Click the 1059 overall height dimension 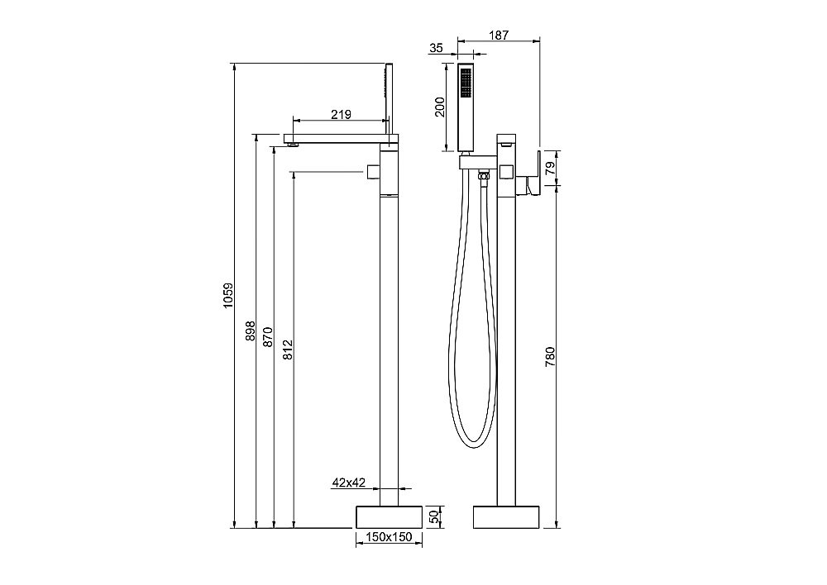(x=227, y=296)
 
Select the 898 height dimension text (x=251, y=331)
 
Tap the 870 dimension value (x=267, y=337)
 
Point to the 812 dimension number (x=288, y=350)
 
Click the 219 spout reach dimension (x=341, y=114)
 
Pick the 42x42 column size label (x=349, y=483)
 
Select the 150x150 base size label (x=390, y=537)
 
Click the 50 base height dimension (x=434, y=517)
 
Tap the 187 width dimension (x=499, y=35)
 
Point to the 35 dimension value (x=436, y=48)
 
